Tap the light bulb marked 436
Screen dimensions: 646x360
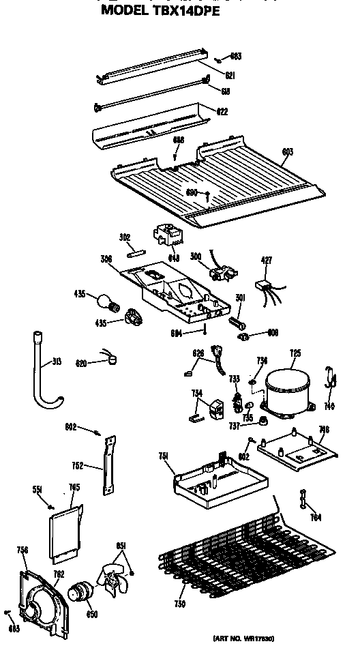104,298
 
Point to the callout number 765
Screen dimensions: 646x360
74,488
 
